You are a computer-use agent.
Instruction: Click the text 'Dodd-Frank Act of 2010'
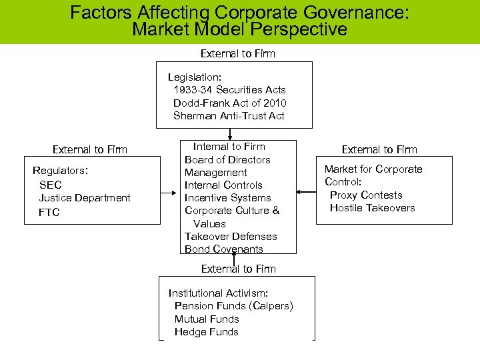tap(229, 103)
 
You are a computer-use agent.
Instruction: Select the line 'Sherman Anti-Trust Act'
tap(229, 115)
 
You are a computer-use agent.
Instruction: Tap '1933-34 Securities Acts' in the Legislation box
tap(229, 89)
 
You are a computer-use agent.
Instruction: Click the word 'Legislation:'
tap(195, 77)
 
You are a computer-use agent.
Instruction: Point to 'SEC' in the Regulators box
tap(50, 185)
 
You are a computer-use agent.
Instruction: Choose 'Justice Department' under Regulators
tap(85, 198)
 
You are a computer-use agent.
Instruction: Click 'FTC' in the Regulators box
tap(49, 212)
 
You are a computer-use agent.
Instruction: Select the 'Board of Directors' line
tap(227, 159)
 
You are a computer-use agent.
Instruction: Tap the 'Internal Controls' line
tap(223, 185)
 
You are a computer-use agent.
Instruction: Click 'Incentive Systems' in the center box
tap(227, 197)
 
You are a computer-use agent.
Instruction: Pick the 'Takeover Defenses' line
tap(231, 236)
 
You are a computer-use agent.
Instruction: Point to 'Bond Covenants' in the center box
tap(224, 249)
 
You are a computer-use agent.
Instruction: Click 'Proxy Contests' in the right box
tap(366, 195)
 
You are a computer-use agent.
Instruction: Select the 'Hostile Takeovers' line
tap(372, 207)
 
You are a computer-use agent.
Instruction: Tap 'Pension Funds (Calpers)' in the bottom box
tap(233, 306)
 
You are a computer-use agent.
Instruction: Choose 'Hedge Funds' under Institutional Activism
tap(206, 331)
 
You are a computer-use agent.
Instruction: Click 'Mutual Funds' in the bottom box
tap(206, 319)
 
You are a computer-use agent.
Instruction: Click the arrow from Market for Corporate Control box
tap(306, 193)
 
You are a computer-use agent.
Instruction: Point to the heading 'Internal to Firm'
tap(229, 147)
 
